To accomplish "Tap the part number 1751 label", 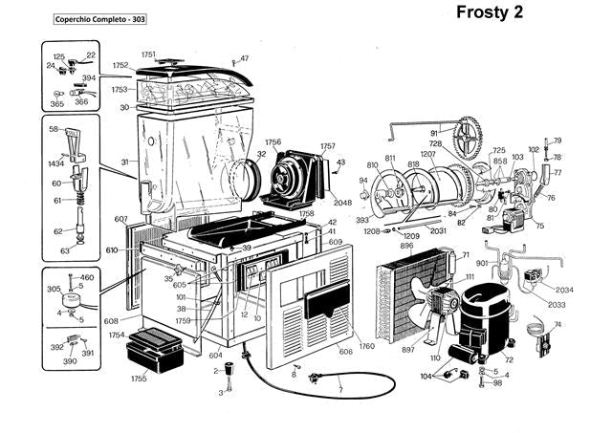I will point(148,54).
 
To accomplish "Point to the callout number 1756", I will point(273,142).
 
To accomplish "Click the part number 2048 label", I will point(343,203).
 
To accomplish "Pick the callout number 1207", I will point(427,154).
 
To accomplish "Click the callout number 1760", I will point(366,346).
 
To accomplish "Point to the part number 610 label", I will point(113,250).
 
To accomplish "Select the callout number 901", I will point(482,263).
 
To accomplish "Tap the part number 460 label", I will point(87,277).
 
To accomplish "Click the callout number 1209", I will point(411,235).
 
